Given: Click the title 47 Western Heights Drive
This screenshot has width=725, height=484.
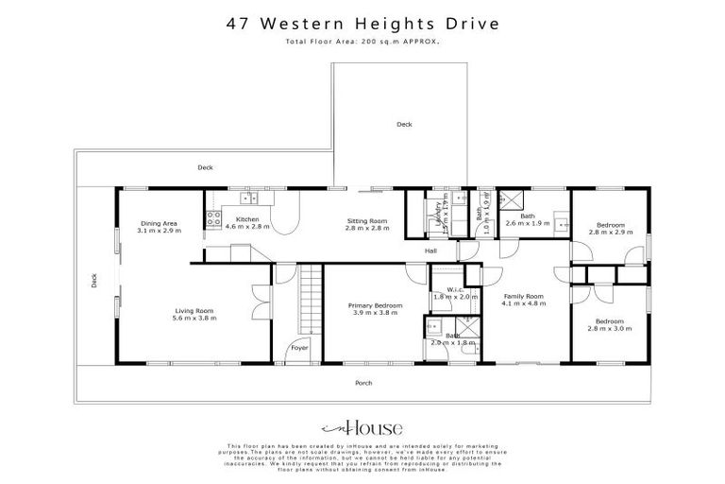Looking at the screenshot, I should pyautogui.click(x=362, y=26).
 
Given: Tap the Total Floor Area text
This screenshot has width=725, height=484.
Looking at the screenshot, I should pyautogui.click(x=362, y=43).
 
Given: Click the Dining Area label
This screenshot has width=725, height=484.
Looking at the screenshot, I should pyautogui.click(x=158, y=227).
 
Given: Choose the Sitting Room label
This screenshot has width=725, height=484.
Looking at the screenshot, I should pyautogui.click(x=366, y=224).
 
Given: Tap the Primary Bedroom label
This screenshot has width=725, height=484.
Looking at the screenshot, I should pyautogui.click(x=375, y=309).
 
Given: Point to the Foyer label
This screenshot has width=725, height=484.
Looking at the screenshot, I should pyautogui.click(x=299, y=348).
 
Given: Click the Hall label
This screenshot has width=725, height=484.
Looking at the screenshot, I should pyautogui.click(x=430, y=251).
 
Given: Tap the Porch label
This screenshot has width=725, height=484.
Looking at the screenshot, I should pyautogui.click(x=362, y=383).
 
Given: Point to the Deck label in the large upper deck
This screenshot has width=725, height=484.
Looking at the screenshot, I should pyautogui.click(x=404, y=124).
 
